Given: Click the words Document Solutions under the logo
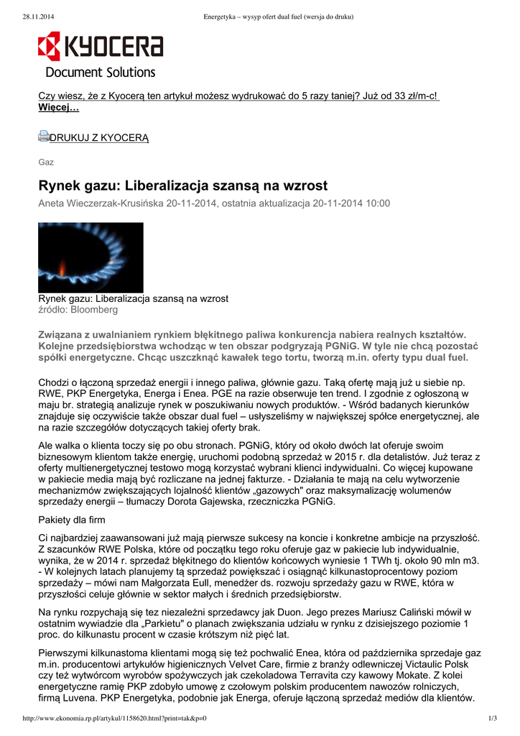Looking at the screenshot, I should pos(101,72).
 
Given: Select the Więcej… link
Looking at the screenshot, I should pos(58,108).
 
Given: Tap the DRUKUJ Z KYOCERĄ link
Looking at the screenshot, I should pos(99,138).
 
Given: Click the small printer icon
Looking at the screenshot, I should pos(43,137).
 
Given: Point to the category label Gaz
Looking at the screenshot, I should pos(46,162).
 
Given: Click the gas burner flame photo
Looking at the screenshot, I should pos(90,257).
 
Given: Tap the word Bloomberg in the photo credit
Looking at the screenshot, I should pos(94,310).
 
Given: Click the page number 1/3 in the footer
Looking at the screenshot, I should pos(492,719).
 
